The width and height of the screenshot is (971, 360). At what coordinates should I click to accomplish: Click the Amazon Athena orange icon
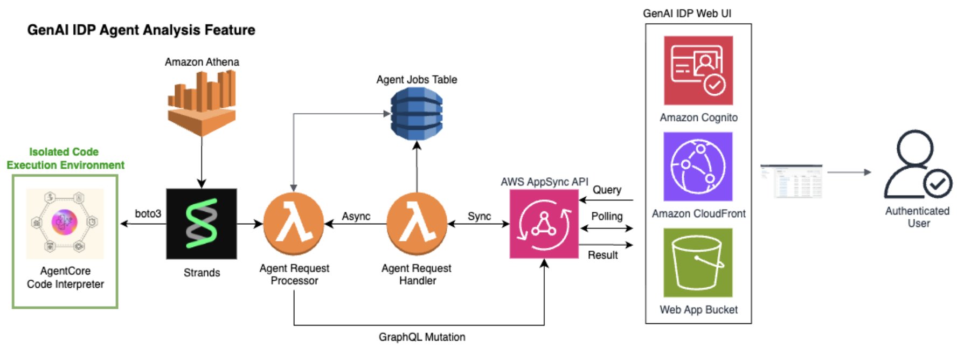pos(202,102)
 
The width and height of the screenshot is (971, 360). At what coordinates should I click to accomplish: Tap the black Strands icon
pos(202,223)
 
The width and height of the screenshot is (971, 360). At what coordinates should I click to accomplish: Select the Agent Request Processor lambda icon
pos(294,223)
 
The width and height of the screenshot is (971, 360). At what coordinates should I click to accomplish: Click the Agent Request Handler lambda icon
pos(417,223)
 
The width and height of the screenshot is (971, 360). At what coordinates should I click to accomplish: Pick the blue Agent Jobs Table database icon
pos(417,114)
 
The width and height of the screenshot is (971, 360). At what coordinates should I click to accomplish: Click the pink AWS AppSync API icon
pos(544,224)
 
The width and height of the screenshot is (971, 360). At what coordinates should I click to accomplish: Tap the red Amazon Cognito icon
pos(698,70)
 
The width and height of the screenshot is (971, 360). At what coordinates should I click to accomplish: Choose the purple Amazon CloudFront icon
pos(698,167)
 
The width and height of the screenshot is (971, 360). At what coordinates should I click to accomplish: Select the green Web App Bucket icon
pos(698,262)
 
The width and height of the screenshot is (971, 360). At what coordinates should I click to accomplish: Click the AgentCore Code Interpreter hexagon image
pos(65,223)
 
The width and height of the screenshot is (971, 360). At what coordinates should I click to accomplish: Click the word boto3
pos(148,213)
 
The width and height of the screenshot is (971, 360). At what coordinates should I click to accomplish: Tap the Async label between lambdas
pos(356,216)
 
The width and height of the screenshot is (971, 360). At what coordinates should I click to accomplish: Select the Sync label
pos(479,216)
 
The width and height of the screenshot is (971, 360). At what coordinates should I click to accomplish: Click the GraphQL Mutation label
pos(422,337)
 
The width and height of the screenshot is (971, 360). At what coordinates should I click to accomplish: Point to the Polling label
pos(607,216)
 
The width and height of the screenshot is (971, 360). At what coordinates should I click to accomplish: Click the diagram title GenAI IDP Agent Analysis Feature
pos(141,30)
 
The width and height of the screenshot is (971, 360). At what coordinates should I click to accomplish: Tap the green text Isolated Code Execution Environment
pos(65,158)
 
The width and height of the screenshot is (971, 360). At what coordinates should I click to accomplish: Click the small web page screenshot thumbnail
pos(791,182)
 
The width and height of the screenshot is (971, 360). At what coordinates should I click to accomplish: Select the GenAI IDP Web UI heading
pos(687,13)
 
